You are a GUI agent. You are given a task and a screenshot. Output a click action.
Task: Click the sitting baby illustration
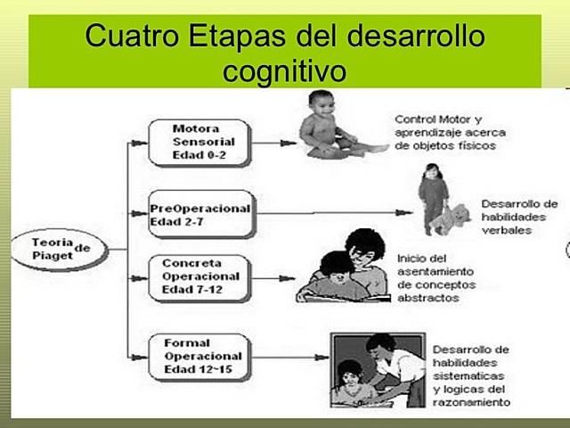coord(330,125)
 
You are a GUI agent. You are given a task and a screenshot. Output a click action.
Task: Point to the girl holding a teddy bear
coord(433,199)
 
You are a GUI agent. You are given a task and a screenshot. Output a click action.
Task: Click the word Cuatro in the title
coord(134,37)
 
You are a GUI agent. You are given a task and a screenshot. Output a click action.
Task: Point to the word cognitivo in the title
coord(284,70)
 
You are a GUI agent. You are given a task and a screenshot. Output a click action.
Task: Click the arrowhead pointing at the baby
coord(288,142)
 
